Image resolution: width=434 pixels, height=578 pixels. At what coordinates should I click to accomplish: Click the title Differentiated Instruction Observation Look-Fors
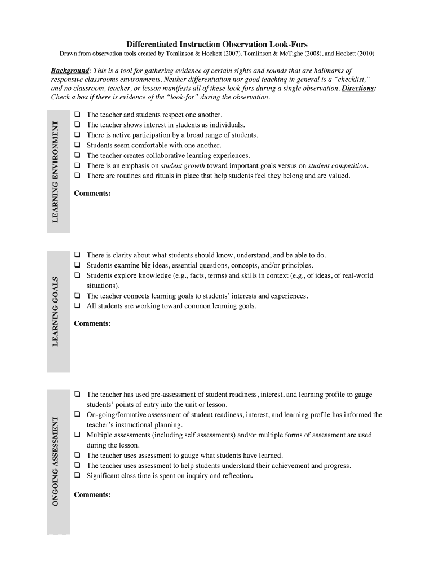click(x=217, y=44)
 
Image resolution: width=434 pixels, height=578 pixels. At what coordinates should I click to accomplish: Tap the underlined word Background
click(x=70, y=71)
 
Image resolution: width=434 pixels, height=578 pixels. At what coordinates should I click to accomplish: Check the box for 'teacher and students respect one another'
click(x=77, y=115)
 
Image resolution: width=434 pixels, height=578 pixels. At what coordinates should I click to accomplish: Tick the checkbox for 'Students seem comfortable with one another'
click(x=77, y=145)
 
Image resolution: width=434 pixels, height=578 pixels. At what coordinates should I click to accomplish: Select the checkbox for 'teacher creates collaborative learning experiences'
click(x=77, y=155)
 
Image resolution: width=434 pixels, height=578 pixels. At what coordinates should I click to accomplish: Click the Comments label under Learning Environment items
click(x=92, y=194)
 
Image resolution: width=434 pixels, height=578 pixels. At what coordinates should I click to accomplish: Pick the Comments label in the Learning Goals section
click(x=92, y=323)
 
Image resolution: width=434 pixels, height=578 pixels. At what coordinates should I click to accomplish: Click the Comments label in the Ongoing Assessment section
click(x=92, y=495)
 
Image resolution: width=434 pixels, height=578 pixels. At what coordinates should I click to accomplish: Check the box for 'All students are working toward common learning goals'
click(x=77, y=306)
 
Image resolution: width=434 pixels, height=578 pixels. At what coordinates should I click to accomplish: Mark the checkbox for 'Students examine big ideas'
click(x=77, y=265)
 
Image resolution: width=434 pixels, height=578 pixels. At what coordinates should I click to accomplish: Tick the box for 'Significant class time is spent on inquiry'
click(x=77, y=476)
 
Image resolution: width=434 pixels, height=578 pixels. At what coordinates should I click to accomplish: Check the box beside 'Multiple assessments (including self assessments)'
click(x=77, y=435)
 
